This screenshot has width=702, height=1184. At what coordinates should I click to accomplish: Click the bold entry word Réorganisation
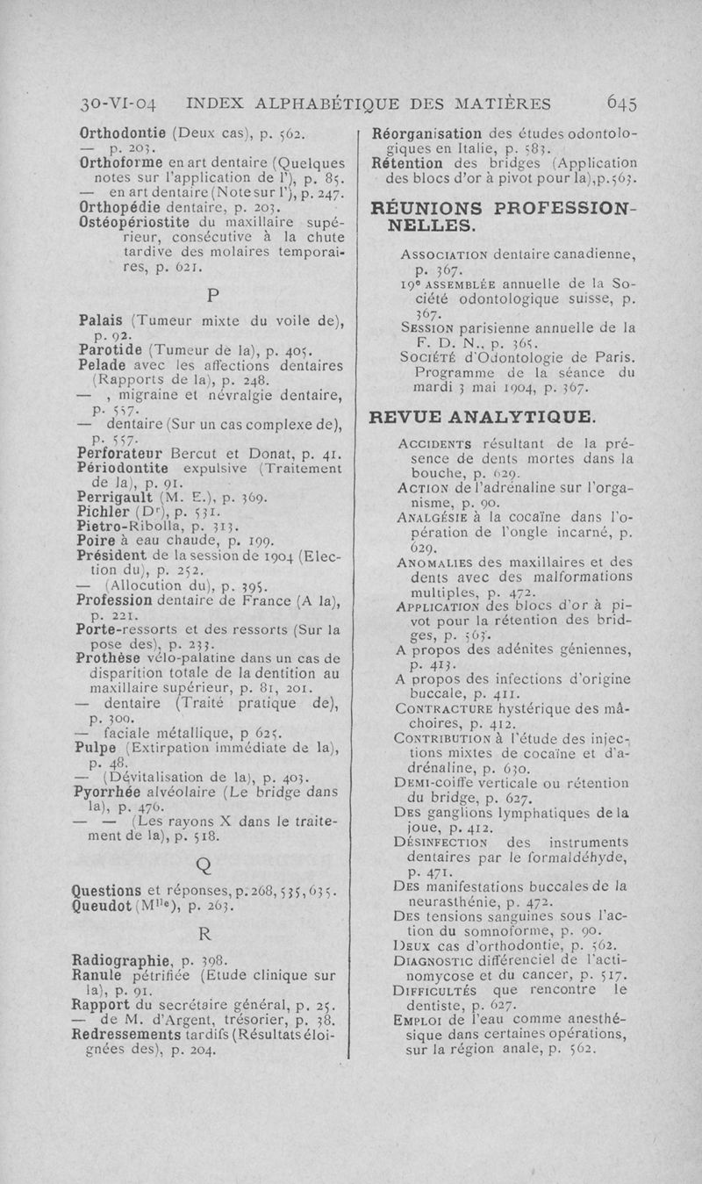click(x=428, y=135)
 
